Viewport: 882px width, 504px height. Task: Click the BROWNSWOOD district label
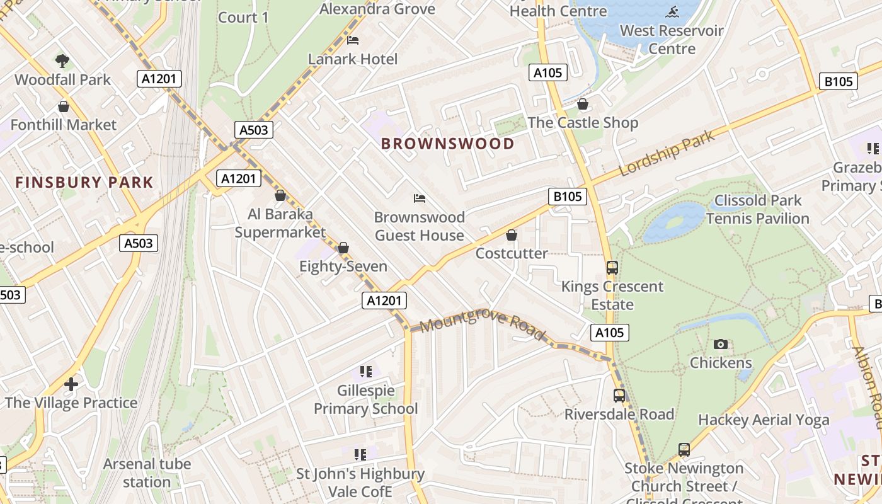[447, 144]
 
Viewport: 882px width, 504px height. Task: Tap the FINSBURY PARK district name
[84, 183]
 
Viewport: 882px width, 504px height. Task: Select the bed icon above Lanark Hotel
[353, 40]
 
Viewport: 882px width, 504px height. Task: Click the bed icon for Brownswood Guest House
[420, 198]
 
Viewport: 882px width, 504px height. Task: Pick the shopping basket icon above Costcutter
[512, 235]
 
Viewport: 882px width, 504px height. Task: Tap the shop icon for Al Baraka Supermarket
[280, 195]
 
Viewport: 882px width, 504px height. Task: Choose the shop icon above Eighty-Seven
[343, 248]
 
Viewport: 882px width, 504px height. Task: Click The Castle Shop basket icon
[583, 104]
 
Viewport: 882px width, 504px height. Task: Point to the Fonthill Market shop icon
[63, 106]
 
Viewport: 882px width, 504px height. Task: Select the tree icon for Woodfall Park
[62, 61]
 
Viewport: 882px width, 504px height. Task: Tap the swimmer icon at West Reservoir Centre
[672, 12]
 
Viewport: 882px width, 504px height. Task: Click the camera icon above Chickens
[721, 344]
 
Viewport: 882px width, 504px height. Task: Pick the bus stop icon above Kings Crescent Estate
[612, 267]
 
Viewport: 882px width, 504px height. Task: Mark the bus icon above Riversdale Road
[619, 396]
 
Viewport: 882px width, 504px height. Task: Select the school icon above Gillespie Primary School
[365, 372]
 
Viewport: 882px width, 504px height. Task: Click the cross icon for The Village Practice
[71, 384]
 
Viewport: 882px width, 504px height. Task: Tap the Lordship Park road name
[667, 153]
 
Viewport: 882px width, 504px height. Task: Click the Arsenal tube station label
[147, 473]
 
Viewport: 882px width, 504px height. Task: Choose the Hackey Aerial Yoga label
[764, 420]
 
